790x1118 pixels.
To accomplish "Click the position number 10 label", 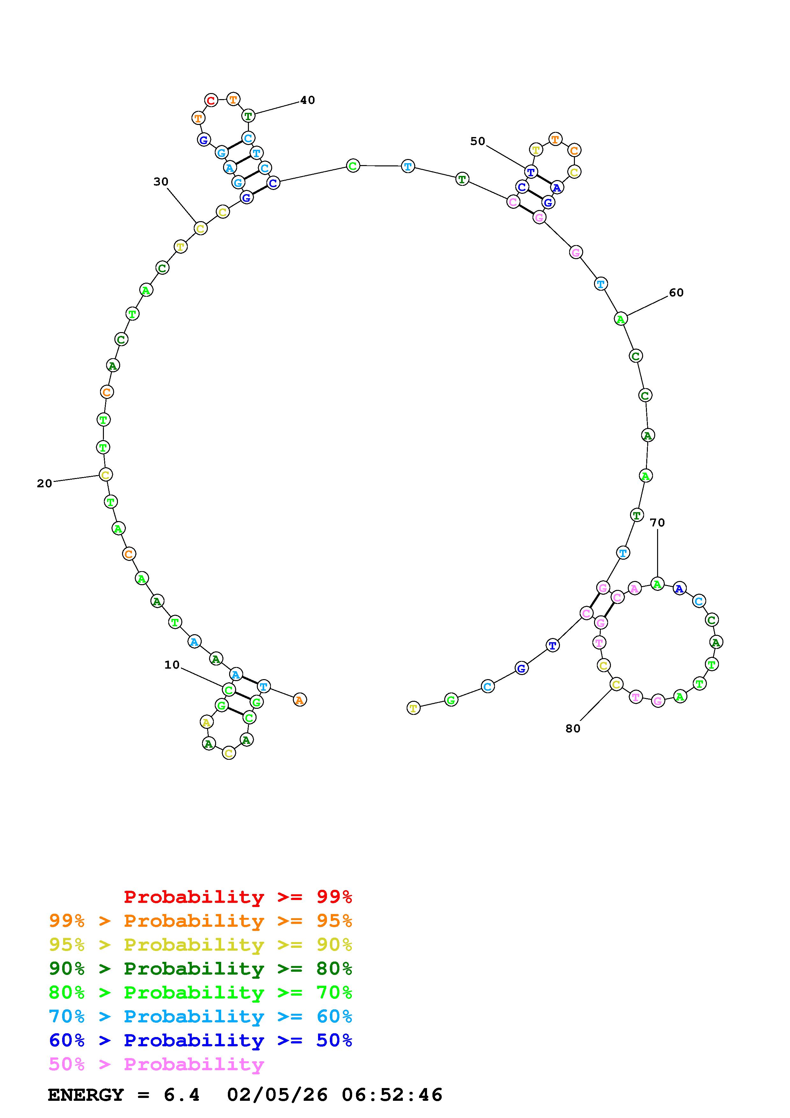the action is coord(172,665).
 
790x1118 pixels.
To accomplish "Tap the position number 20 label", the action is coord(44,483).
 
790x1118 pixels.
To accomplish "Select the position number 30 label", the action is coord(161,182).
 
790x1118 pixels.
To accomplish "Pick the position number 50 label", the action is coord(477,141).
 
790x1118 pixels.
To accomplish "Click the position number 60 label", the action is coord(676,292).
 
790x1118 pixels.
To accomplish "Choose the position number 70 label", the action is coord(657,522).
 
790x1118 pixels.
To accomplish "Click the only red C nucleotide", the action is coord(211,101).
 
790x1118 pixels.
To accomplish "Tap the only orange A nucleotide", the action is coord(300,700).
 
